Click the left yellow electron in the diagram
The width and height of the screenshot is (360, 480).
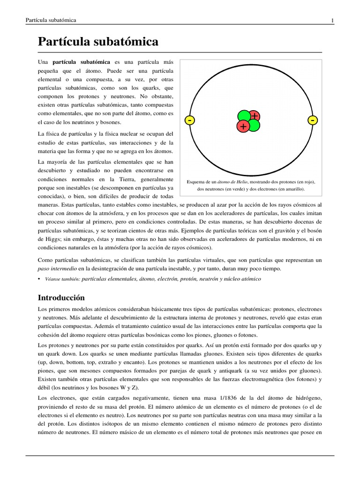(x=189, y=120)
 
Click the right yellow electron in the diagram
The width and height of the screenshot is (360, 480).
(x=313, y=120)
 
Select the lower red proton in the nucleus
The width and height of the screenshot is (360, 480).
(x=243, y=127)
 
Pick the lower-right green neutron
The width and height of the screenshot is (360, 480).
(x=254, y=126)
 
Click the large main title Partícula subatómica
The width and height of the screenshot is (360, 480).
(x=98, y=42)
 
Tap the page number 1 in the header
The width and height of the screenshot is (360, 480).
(x=332, y=20)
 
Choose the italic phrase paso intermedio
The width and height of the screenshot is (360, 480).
(x=57, y=269)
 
